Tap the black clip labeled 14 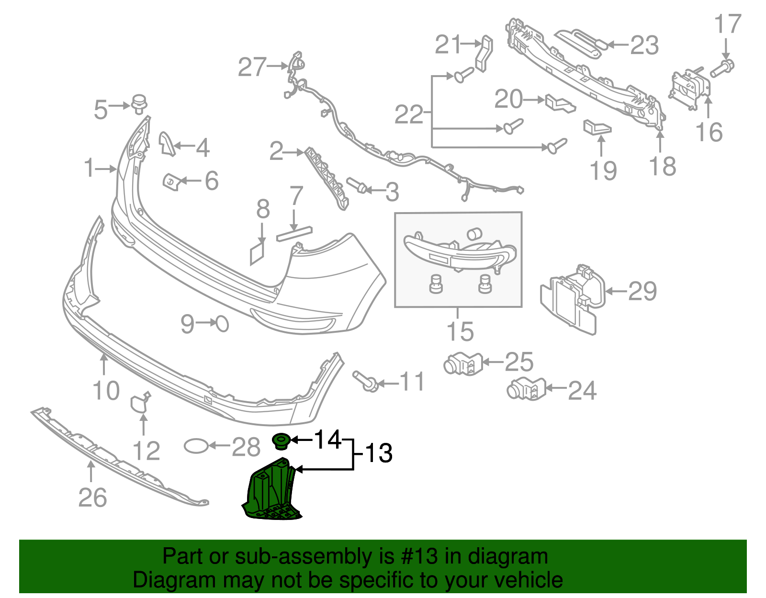(x=280, y=440)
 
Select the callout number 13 (x=378, y=453)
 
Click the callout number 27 (x=252, y=67)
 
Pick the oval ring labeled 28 (x=196, y=446)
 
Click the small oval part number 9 (x=222, y=324)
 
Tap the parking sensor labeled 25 (x=462, y=364)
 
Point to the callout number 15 (x=460, y=331)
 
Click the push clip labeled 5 (x=139, y=104)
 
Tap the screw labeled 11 (x=366, y=381)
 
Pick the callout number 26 (x=92, y=497)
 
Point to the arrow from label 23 (x=618, y=45)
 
